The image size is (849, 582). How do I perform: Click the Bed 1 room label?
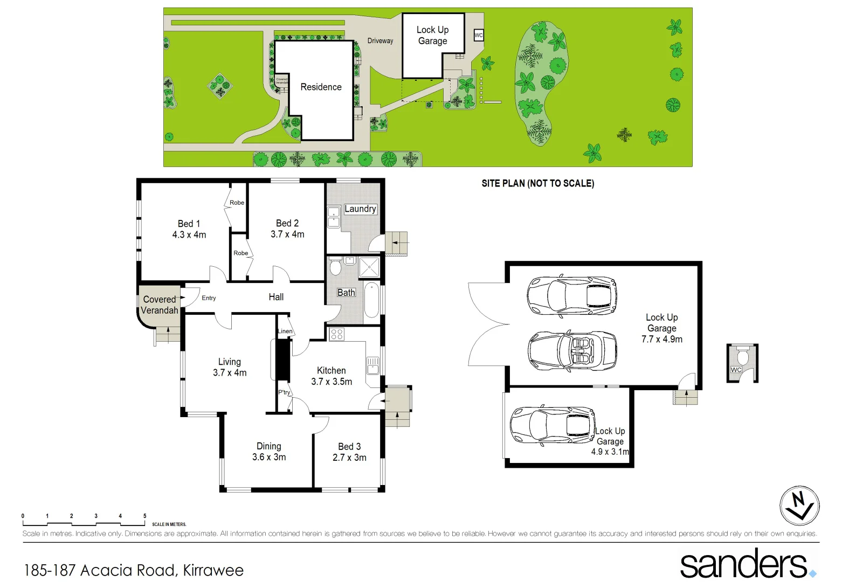point(189,224)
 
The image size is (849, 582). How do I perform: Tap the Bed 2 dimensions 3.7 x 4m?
point(287,234)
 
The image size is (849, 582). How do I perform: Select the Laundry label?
point(360,209)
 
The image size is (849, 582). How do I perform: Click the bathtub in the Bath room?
point(371,300)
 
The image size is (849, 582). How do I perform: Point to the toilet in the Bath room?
point(335,267)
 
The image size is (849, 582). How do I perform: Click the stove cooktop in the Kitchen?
point(337,334)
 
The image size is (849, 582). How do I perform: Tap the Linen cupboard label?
point(285,331)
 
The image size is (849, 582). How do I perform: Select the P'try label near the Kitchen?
point(284,392)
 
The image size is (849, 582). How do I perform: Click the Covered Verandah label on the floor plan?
point(160,305)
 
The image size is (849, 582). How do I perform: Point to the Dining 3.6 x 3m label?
point(269,452)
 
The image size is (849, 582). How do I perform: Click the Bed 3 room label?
point(349,447)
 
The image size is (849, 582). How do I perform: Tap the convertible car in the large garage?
point(571,350)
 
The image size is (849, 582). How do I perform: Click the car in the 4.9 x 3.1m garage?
point(553,425)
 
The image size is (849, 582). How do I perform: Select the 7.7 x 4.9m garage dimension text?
point(661,339)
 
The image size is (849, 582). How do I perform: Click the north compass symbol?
point(799,505)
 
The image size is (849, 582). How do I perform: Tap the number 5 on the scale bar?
point(144,516)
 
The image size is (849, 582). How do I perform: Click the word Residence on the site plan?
point(321,87)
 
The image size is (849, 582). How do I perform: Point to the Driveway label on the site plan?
point(380,41)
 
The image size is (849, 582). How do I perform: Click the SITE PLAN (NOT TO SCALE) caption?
point(537,183)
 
